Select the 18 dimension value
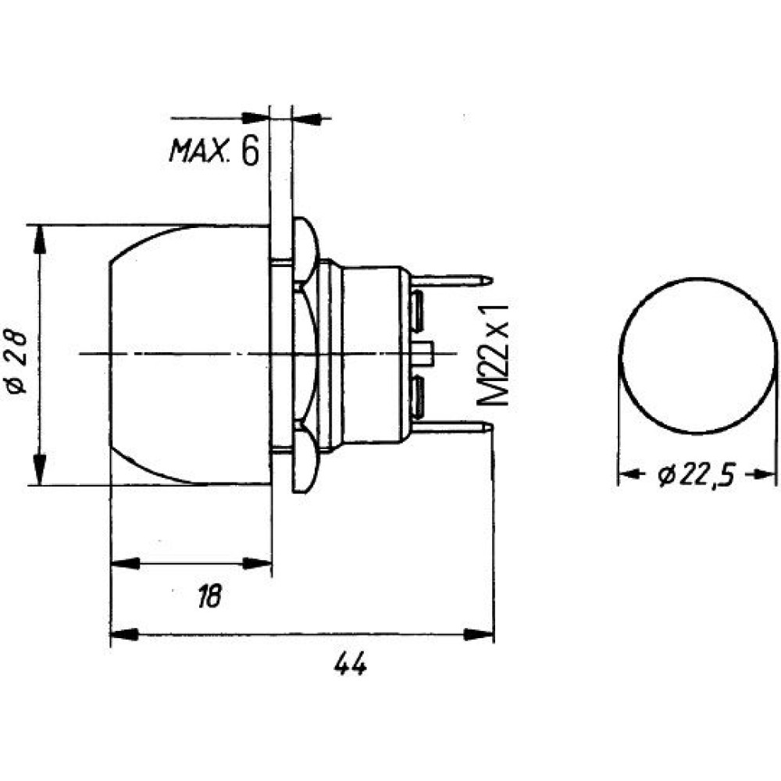click(209, 596)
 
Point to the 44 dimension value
click(351, 663)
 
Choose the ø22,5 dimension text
click(697, 475)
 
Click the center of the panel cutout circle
click(697, 355)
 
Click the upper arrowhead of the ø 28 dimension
click(39, 240)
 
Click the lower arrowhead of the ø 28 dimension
click(39, 469)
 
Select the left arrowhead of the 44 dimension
click(124, 634)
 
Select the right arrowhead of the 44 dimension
click(479, 634)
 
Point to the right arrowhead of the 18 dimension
click(257, 563)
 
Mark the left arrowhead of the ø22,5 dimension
click(628, 474)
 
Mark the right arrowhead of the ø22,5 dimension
click(766, 474)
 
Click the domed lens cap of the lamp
click(189, 355)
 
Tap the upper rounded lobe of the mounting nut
click(305, 249)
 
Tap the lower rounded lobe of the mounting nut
click(305, 461)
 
